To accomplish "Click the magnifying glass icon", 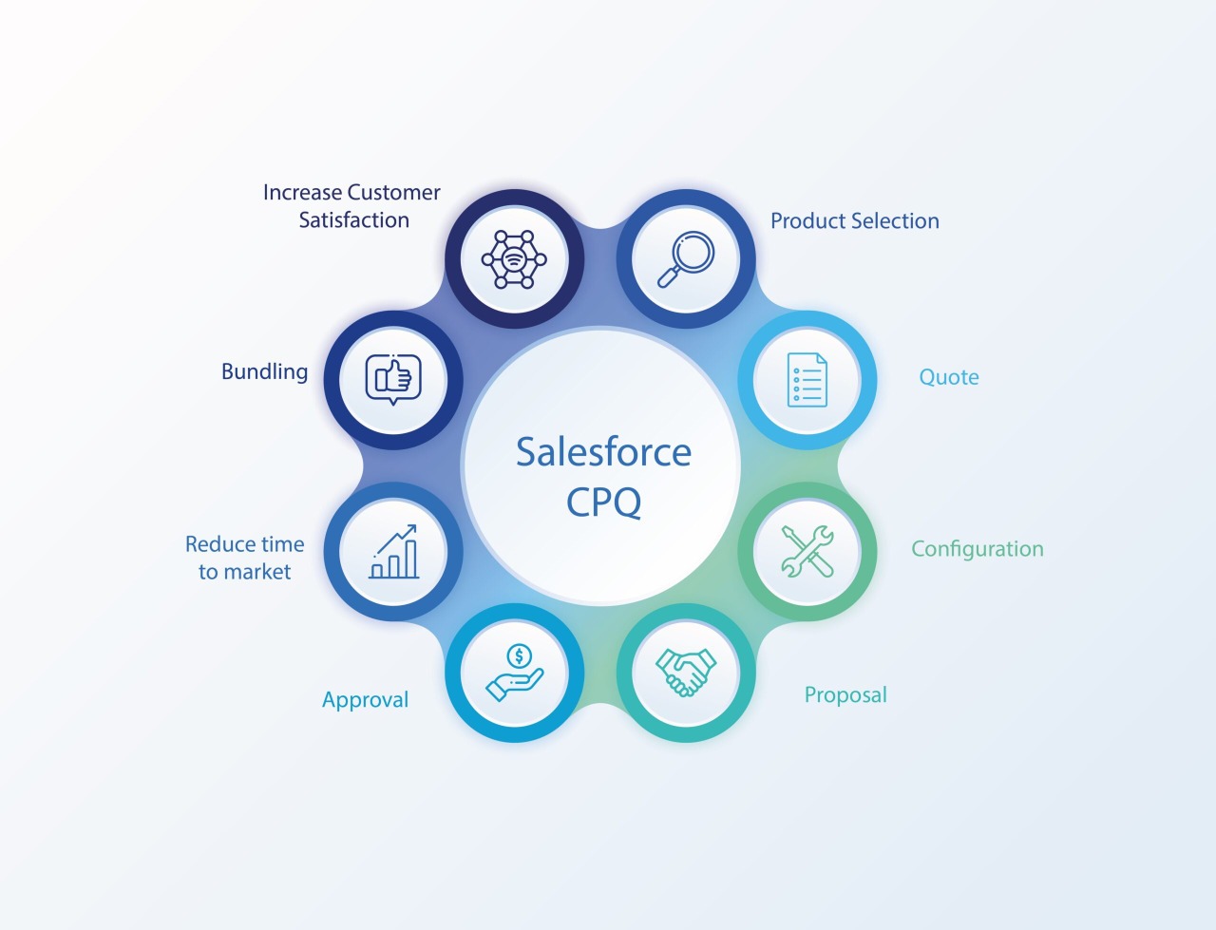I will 686,259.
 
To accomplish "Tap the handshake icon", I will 686,673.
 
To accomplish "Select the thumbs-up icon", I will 393,379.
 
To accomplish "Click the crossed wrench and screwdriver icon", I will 807,551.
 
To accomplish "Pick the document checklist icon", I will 807,380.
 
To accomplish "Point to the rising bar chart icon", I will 394,552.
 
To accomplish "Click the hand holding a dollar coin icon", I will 515,673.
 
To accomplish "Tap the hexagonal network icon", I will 514,259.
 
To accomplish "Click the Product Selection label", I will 854,221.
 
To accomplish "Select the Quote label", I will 948,377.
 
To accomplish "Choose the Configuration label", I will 977,549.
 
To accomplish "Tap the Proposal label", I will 845,695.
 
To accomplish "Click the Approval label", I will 365,700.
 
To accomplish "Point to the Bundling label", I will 264,372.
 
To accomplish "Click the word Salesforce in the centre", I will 603,452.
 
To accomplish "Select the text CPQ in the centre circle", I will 603,503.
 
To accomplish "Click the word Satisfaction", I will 353,220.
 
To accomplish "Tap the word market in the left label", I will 257,572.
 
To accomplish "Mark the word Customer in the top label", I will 393,193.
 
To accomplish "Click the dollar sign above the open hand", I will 519,655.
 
